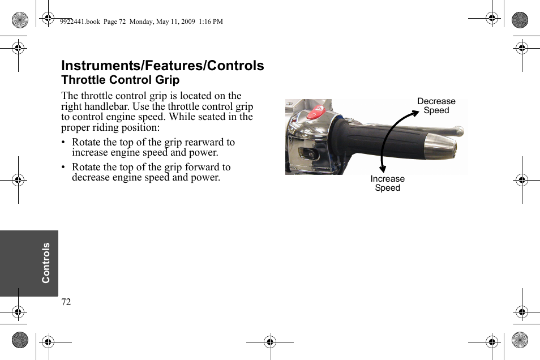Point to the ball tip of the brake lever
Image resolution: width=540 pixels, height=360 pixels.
click(460, 132)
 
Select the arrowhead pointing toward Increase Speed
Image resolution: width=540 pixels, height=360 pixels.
click(384, 167)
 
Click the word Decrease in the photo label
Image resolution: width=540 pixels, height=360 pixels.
click(436, 101)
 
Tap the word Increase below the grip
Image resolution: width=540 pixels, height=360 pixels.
click(387, 179)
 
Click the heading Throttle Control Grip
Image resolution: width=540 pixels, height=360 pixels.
click(120, 80)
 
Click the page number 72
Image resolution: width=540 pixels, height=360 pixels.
click(66, 302)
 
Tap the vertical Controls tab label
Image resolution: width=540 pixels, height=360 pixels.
click(46, 263)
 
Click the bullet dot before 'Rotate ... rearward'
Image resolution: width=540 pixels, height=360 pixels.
click(64, 143)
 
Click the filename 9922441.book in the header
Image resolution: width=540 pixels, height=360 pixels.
click(79, 22)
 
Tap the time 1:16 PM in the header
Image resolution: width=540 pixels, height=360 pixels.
click(211, 22)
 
